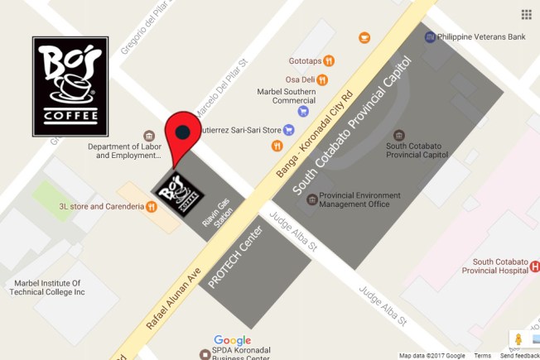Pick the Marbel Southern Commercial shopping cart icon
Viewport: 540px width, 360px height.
pos(303,110)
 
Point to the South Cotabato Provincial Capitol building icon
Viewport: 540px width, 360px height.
pos(400,135)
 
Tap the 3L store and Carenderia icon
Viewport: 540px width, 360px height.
pos(152,206)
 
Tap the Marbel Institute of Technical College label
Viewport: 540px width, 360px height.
pos(45,286)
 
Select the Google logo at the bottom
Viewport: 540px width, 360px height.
pos(232,340)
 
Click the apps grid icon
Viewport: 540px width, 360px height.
pos(526,14)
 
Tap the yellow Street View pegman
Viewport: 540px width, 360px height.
pos(519,340)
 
